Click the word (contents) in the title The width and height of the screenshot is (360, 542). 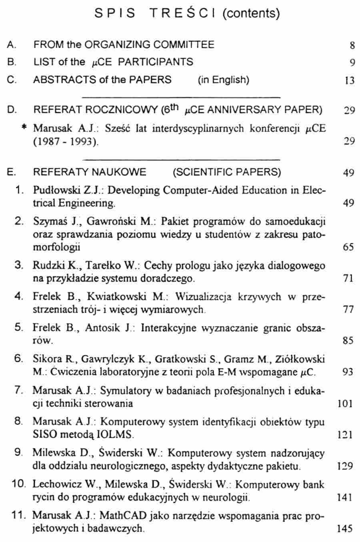(x=250, y=14)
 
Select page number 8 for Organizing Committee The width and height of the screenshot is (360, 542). (x=352, y=45)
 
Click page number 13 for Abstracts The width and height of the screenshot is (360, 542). (x=349, y=80)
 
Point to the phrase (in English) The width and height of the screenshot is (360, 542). (x=223, y=80)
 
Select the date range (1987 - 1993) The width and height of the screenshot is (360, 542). (x=66, y=141)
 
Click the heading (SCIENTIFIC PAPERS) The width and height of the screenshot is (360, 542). (x=227, y=172)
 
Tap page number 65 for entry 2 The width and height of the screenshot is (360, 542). (x=348, y=247)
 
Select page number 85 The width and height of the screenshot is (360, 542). (x=348, y=341)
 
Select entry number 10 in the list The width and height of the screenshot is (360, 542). (x=19, y=484)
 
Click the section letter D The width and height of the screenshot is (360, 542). (x=11, y=110)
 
